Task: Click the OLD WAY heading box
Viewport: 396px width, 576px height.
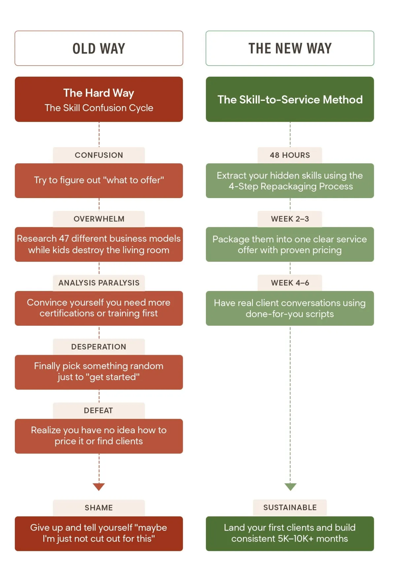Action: [99, 48]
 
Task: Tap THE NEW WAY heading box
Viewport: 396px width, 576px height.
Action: [290, 48]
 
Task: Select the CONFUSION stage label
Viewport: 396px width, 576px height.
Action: [99, 155]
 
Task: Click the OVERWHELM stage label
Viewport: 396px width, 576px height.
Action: [99, 219]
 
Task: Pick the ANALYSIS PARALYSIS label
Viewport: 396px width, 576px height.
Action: [99, 283]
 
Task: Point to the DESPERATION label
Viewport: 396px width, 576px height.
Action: [99, 347]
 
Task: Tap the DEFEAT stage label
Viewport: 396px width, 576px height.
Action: [99, 410]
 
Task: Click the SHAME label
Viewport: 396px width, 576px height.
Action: [99, 508]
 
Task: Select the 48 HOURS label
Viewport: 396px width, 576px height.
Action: [290, 155]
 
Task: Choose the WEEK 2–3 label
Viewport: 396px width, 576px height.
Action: [290, 219]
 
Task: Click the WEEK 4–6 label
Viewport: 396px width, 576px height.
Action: [290, 283]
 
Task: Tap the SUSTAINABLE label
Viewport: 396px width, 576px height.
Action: [290, 508]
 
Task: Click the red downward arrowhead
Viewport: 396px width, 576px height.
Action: [99, 486]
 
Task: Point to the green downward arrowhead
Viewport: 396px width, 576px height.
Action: [290, 486]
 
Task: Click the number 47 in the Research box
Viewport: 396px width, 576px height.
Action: [64, 238]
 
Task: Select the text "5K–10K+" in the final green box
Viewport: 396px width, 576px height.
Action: [296, 539]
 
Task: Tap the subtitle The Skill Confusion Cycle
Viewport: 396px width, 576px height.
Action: [99, 108]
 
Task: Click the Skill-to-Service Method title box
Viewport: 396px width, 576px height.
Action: [290, 99]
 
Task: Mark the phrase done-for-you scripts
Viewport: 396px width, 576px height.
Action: [290, 314]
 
